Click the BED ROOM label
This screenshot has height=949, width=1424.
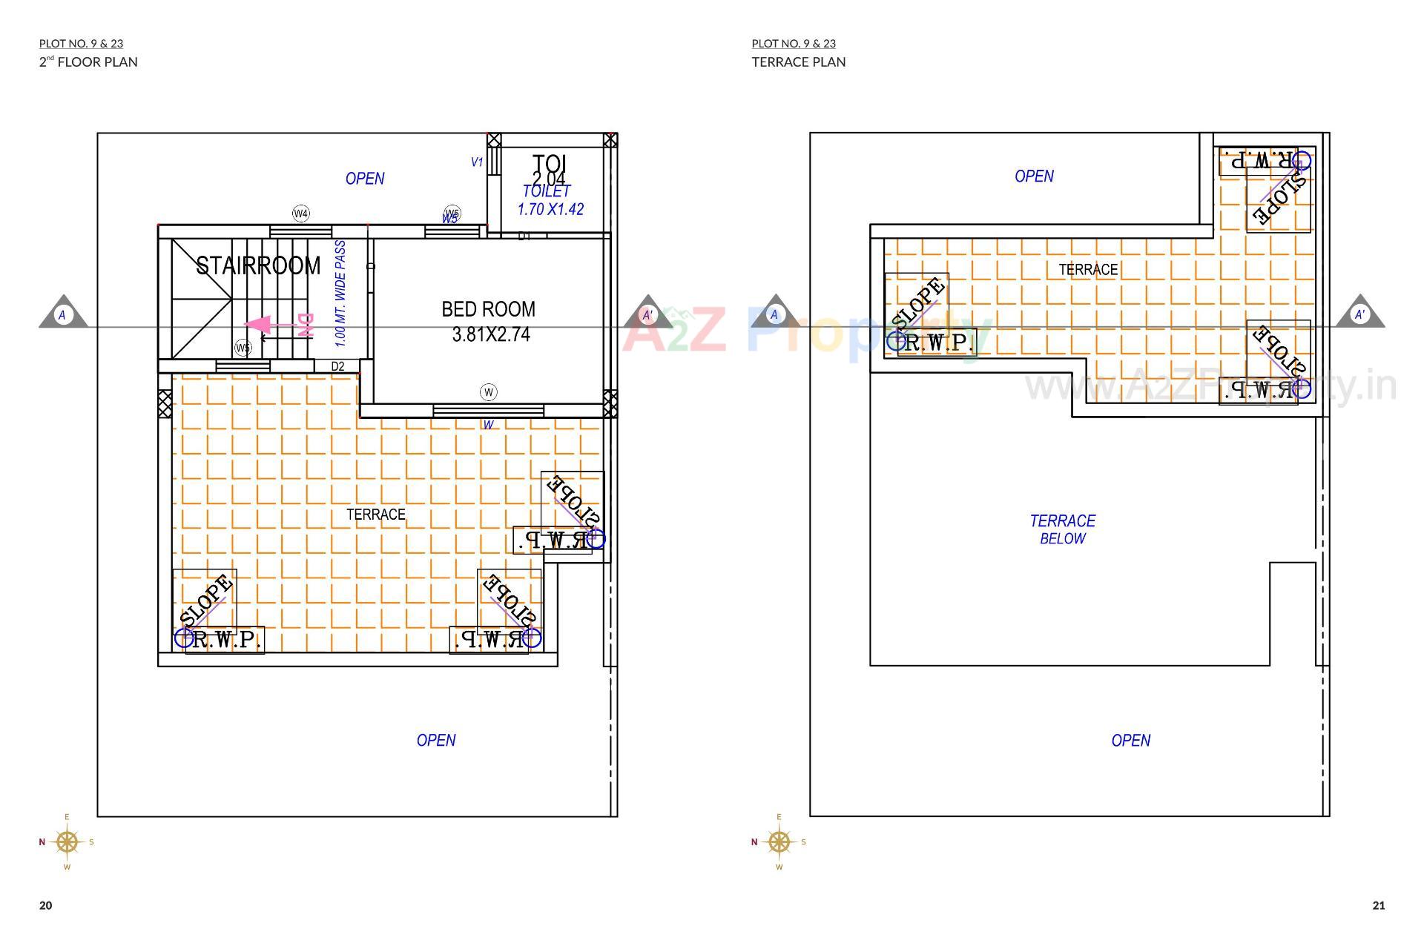[488, 309]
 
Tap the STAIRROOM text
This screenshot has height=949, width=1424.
[258, 265]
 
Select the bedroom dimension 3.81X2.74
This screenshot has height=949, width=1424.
[491, 335]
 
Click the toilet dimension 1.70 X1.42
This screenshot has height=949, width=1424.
[550, 209]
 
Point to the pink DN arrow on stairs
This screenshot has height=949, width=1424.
[260, 325]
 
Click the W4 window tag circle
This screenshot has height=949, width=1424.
[300, 214]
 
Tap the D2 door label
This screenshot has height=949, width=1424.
[337, 366]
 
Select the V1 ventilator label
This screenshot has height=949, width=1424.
[477, 162]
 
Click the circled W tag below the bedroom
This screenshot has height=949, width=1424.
[488, 392]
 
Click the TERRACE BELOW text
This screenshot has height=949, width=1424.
[1062, 529]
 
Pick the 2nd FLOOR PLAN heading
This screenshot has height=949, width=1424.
[88, 62]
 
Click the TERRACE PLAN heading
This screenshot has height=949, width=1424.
[799, 62]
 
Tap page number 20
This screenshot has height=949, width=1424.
[46, 905]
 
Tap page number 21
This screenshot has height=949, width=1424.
[1378, 905]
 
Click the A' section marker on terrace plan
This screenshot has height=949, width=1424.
[1359, 314]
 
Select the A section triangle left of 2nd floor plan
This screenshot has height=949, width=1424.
[62, 314]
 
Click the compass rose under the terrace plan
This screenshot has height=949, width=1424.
[779, 841]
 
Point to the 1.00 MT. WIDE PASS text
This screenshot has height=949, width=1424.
[340, 294]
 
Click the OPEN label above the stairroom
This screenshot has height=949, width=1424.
[365, 179]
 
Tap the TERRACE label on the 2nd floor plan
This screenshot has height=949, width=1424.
[375, 515]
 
